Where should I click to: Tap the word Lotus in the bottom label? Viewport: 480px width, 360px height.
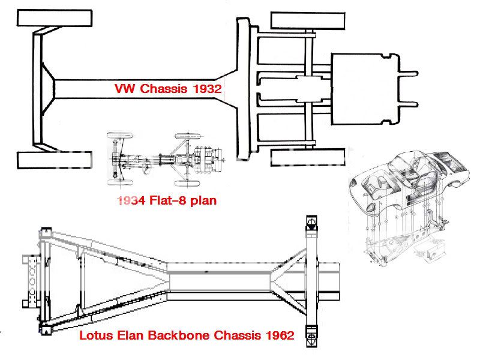point(96,335)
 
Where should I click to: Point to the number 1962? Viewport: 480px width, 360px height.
point(278,335)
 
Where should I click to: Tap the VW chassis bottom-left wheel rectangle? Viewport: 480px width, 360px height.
point(55,160)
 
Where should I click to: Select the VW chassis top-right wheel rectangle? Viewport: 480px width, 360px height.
point(308,20)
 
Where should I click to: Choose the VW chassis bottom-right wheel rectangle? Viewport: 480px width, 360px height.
point(308,157)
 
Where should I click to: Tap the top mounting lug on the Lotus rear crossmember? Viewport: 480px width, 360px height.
point(310,223)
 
